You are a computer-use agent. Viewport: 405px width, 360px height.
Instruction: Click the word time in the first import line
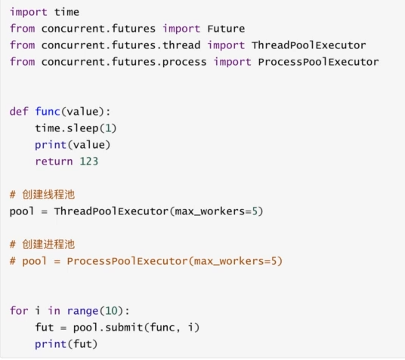[x=66, y=12]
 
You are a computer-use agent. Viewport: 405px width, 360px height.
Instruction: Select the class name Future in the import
[x=226, y=29]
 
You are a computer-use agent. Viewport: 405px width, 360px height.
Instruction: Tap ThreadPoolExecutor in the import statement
[x=308, y=45]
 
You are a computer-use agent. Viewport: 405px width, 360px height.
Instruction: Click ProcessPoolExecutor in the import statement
[x=318, y=62]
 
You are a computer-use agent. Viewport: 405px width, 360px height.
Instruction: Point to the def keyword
[x=19, y=112]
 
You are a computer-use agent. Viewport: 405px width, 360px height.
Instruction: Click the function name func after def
[x=48, y=112]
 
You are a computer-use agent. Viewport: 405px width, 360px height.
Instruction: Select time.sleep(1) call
[x=76, y=128]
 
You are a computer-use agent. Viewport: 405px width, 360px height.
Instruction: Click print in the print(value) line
[x=51, y=145]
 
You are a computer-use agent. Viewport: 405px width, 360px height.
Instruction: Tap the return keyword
[x=54, y=162]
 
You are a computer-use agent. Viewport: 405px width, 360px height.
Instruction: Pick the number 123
[x=89, y=162]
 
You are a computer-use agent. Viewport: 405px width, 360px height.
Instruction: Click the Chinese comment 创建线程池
[x=48, y=195]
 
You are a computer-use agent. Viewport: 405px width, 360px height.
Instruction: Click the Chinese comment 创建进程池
[x=48, y=245]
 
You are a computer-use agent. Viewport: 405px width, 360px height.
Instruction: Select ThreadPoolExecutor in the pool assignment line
[x=111, y=211]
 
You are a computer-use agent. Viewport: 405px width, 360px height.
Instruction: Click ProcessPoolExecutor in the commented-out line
[x=127, y=261]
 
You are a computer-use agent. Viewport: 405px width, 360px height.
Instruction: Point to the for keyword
[x=19, y=311]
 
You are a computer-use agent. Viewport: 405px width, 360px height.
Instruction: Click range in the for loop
[x=82, y=311]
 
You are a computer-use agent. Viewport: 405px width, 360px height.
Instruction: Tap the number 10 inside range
[x=111, y=311]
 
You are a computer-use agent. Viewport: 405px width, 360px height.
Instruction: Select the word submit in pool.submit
[x=124, y=328]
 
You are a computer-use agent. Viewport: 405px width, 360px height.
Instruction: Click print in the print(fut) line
[x=51, y=344]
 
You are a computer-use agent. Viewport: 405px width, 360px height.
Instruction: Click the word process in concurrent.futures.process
[x=184, y=63]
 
